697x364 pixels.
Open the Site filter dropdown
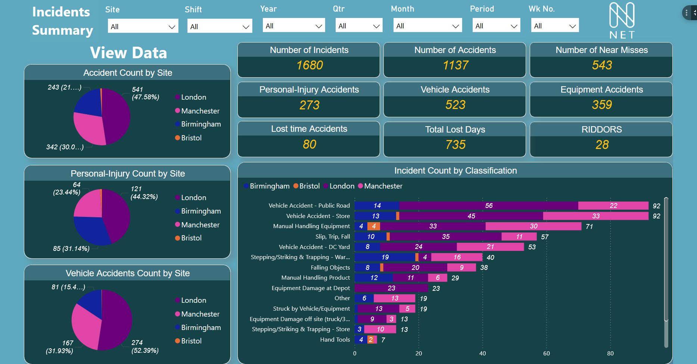pos(143,27)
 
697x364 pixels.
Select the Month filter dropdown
pos(427,26)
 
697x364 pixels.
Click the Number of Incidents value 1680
pos(309,65)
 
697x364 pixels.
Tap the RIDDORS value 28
pos(601,145)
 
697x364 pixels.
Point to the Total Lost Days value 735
pos(455,145)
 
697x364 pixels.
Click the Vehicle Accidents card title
pos(455,90)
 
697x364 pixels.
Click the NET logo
pos(622,21)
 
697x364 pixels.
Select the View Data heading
pos(128,53)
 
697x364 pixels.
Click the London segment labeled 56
pos(488,206)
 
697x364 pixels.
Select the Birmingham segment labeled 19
pos(385,257)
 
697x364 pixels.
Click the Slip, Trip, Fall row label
pos(332,237)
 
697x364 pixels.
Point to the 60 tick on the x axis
pos(546,353)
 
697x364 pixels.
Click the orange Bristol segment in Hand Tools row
pos(370,340)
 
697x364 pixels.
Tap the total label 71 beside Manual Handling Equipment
pos(589,227)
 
